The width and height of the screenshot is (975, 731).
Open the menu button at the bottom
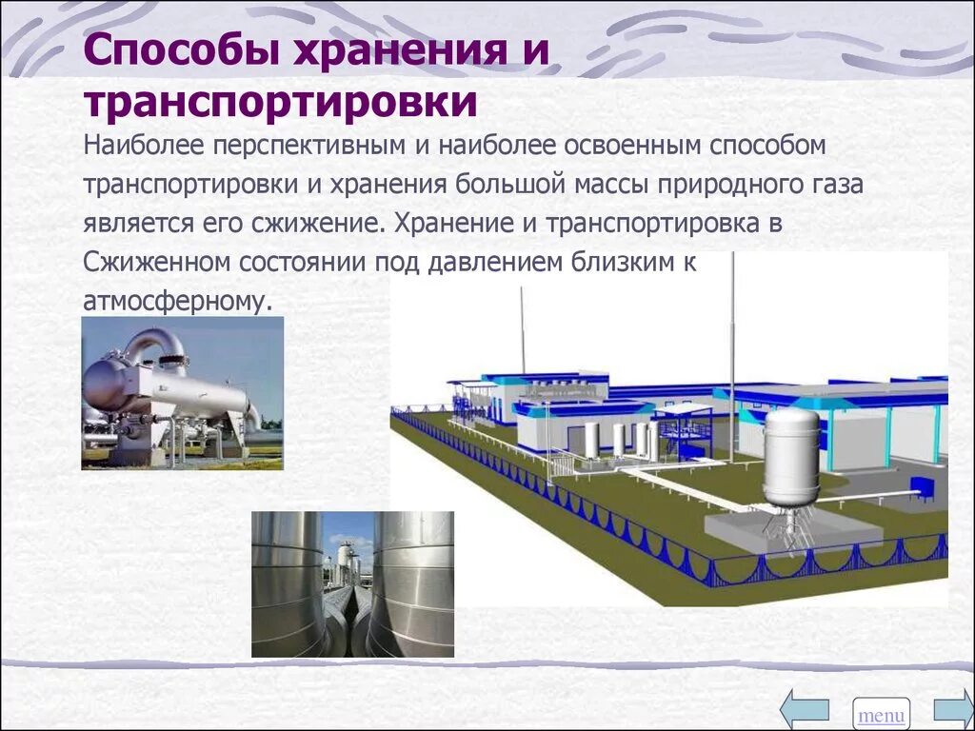[x=881, y=714]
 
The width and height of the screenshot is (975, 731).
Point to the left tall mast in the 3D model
[x=522, y=328]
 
